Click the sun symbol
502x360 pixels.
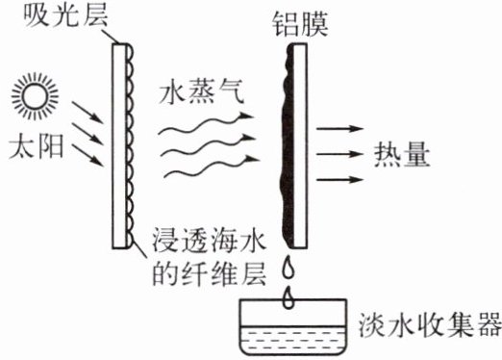(x=35, y=96)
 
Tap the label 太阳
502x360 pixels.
(x=36, y=147)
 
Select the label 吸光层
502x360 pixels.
(x=65, y=14)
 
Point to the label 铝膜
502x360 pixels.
(x=300, y=25)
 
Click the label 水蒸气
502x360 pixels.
(x=201, y=91)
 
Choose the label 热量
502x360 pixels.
(x=402, y=155)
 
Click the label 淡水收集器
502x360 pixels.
(x=430, y=324)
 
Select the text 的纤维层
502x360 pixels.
(x=209, y=274)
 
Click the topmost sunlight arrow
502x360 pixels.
(x=88, y=113)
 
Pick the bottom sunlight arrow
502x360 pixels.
(x=88, y=155)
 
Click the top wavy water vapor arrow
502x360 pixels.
(x=206, y=123)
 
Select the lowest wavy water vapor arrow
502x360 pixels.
(x=212, y=167)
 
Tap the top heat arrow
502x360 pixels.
(x=339, y=129)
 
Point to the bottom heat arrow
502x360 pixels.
(x=339, y=179)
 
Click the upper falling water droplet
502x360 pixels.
(x=289, y=268)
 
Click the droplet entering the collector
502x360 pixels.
(x=289, y=297)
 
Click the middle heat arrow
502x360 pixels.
(x=339, y=154)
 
